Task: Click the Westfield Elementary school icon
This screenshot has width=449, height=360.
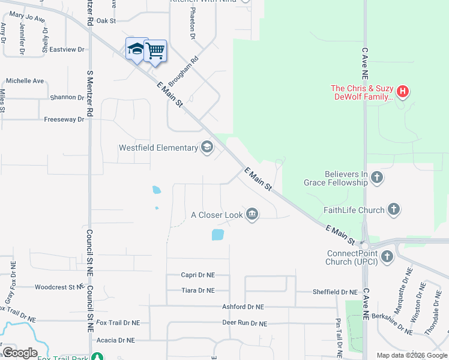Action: [207, 148]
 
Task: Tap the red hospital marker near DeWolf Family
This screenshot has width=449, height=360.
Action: [403, 92]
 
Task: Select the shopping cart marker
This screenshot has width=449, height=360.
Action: [155, 50]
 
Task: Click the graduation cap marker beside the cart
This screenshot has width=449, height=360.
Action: [136, 49]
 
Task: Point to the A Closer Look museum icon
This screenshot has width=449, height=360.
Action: [252, 214]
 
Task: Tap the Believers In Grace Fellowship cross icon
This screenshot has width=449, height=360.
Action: [377, 177]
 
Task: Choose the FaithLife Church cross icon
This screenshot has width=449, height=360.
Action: [394, 209]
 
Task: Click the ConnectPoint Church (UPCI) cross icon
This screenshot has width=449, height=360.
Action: [387, 257]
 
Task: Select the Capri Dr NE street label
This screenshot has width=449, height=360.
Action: [197, 275]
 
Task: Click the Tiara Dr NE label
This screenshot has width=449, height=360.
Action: [197, 290]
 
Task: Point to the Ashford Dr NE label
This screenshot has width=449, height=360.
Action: [243, 307]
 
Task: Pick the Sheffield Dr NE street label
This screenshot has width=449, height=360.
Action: [335, 292]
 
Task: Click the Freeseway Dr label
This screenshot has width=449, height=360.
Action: [64, 119]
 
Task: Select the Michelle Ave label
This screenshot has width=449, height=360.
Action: [25, 80]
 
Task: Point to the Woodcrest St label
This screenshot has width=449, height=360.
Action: [58, 287]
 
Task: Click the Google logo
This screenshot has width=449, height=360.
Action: [20, 353]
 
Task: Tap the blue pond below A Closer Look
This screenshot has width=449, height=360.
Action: [218, 235]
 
